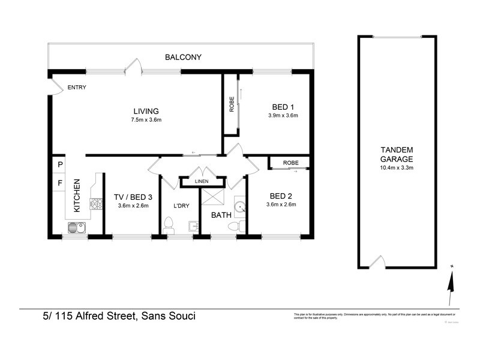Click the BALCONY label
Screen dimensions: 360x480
click(183, 58)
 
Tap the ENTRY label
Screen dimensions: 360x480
click(76, 88)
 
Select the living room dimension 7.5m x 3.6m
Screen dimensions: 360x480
click(146, 119)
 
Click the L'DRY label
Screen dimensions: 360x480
click(181, 206)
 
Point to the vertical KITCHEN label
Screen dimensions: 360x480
click(77, 196)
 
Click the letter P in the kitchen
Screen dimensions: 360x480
click(60, 164)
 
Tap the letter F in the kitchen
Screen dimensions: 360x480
click(60, 182)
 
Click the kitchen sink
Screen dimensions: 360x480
click(76, 227)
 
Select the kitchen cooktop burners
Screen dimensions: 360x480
click(96, 205)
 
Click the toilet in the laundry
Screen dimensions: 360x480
click(169, 226)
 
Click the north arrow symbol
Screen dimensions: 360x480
click(451, 282)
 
